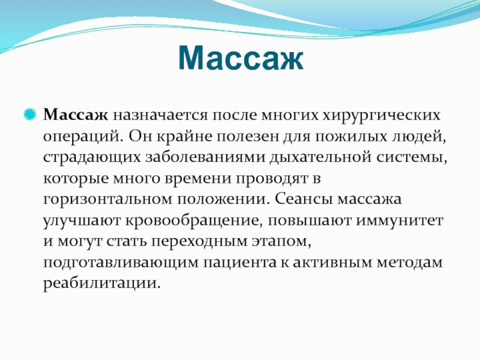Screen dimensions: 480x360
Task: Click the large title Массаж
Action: coord(241,58)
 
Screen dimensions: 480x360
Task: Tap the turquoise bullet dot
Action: coord(30,115)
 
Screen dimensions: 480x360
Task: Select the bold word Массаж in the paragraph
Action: coord(76,115)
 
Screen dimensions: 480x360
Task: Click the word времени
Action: coord(198,179)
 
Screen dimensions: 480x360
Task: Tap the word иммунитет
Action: coord(399,221)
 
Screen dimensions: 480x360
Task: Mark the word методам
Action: coord(409,263)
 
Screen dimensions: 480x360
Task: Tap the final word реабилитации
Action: coord(102,284)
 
